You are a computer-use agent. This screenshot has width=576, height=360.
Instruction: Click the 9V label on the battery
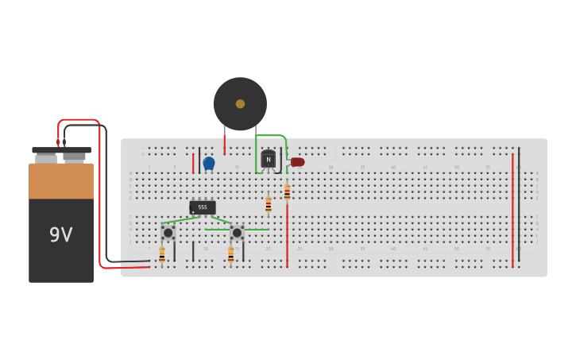(x=61, y=234)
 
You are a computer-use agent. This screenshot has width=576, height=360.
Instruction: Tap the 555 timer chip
(x=203, y=207)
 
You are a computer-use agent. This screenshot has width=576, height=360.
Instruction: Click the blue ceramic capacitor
(x=209, y=163)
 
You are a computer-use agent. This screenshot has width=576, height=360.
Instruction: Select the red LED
(x=297, y=162)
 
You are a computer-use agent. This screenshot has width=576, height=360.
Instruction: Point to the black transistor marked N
(x=269, y=160)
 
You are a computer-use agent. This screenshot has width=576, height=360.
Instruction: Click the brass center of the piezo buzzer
(x=240, y=104)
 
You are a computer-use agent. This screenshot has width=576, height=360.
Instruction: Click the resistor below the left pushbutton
(x=162, y=254)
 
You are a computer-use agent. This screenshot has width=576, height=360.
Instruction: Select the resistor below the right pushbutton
(x=231, y=254)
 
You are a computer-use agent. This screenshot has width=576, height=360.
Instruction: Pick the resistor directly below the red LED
(x=287, y=192)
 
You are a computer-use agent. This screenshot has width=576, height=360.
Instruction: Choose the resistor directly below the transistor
(x=269, y=204)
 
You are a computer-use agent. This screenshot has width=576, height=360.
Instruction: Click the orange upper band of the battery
(x=61, y=181)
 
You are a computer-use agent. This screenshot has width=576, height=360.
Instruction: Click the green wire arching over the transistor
(x=270, y=136)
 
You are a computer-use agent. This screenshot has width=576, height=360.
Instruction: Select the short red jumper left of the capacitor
(x=193, y=163)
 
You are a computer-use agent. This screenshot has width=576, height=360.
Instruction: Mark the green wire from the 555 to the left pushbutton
(x=181, y=219)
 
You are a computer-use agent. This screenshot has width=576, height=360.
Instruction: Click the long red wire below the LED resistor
(x=287, y=234)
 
